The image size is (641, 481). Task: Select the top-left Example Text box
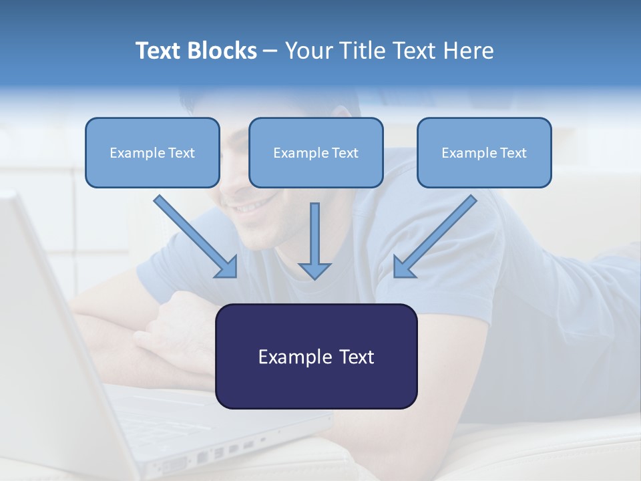click(x=152, y=152)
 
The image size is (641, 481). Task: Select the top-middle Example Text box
click(x=316, y=152)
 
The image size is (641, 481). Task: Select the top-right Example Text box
click(x=484, y=152)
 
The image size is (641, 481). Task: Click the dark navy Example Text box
click(x=316, y=356)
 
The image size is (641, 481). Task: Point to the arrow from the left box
click(x=194, y=235)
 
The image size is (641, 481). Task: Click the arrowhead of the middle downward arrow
click(x=314, y=271)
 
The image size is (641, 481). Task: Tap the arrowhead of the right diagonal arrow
click(x=403, y=268)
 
